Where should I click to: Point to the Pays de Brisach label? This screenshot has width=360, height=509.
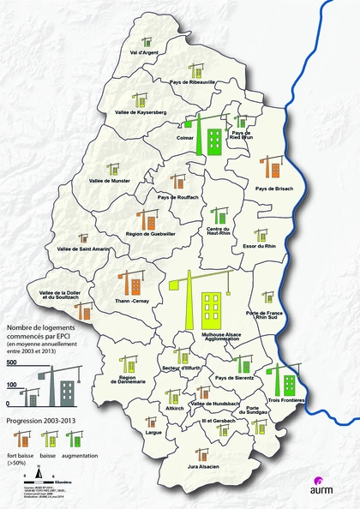point(274,188)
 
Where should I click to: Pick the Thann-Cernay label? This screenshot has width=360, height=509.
point(132,301)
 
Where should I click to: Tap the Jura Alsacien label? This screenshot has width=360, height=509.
point(203,466)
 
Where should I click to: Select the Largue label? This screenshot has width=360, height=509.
point(154,434)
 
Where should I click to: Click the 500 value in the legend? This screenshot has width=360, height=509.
point(12,364)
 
